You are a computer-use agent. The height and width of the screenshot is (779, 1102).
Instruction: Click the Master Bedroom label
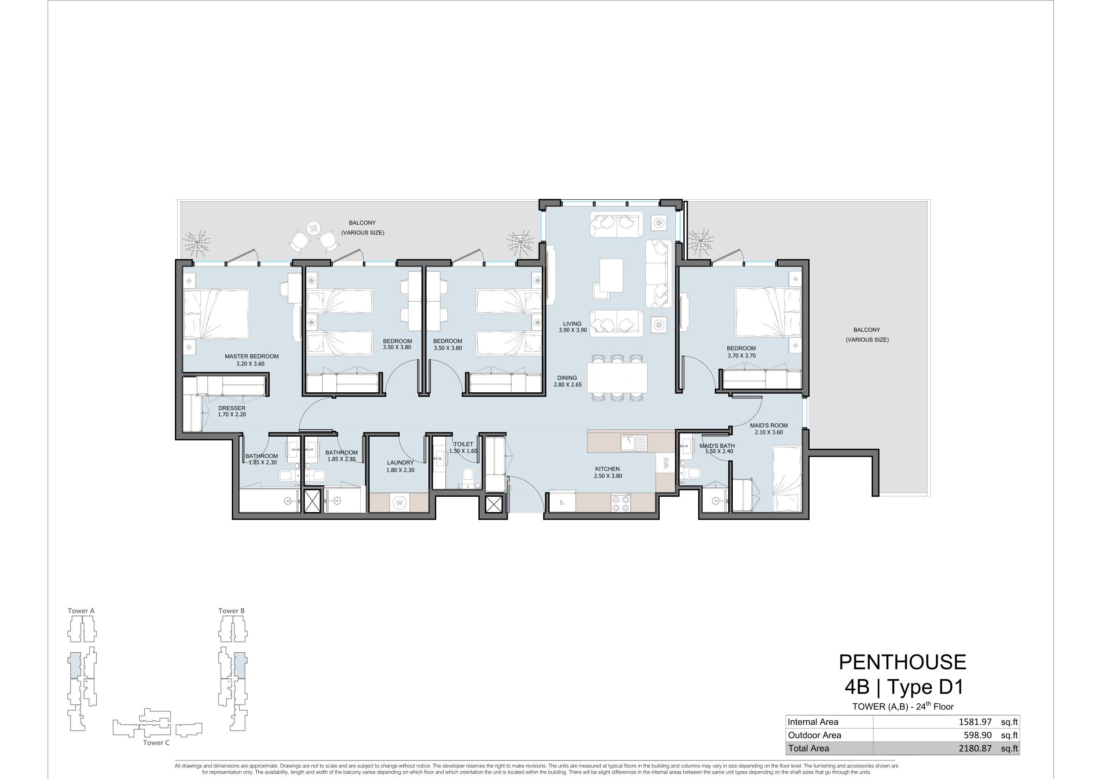tap(252, 356)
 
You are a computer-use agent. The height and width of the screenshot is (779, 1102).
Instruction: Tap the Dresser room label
tap(232, 408)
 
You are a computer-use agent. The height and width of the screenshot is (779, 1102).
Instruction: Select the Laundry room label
tap(400, 463)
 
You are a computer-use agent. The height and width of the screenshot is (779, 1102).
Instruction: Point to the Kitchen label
tap(607, 469)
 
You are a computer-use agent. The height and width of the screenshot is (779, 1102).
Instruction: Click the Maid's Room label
tap(769, 425)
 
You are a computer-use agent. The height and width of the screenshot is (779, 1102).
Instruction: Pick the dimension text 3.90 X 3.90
tap(573, 330)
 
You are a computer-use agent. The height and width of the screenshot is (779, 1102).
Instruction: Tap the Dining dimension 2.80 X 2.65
tap(568, 384)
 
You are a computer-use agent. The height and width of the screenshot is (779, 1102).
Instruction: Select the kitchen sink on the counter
tap(633, 442)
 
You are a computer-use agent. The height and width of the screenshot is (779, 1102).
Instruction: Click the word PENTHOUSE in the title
tap(902, 662)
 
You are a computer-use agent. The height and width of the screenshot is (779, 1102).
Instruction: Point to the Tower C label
tap(156, 742)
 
